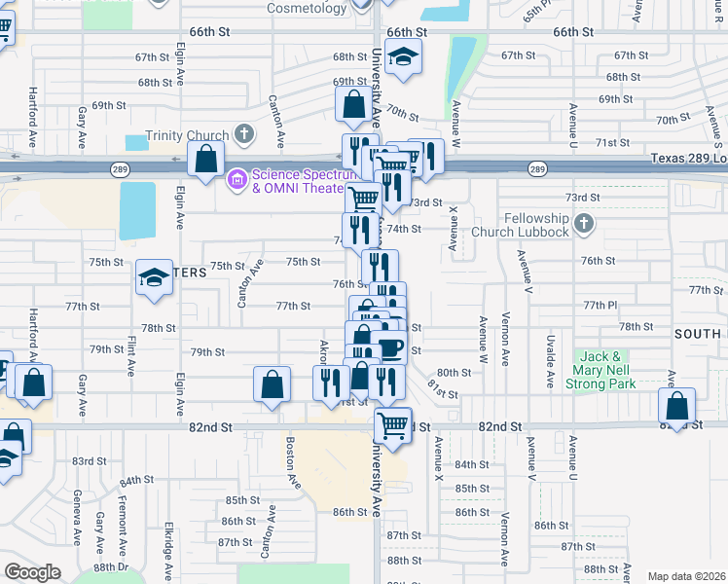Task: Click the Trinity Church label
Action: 187,135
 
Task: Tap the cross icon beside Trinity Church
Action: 243,133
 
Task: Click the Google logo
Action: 32,572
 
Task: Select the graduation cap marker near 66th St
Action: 402,57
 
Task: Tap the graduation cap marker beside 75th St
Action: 154,278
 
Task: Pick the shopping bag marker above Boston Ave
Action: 272,384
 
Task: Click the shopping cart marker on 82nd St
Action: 392,425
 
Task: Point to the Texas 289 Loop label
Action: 687,158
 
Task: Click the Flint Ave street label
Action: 130,355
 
